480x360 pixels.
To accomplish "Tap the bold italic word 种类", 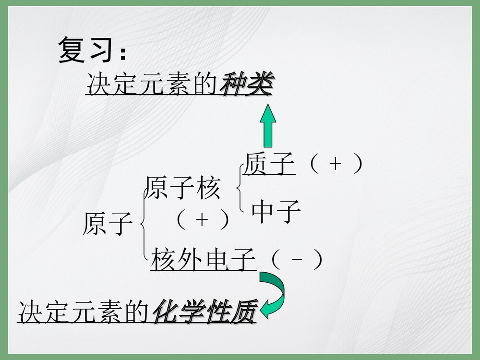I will pyautogui.click(x=246, y=86).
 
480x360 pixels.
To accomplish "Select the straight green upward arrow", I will pyautogui.click(x=268, y=125).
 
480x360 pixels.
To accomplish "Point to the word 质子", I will pyautogui.click(x=269, y=164).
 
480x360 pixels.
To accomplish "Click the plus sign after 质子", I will pyautogui.click(x=336, y=164).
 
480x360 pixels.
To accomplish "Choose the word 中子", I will pyautogui.click(x=276, y=212).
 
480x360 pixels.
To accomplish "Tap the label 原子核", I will pyautogui.click(x=183, y=188).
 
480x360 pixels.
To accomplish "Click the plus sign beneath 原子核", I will pyautogui.click(x=202, y=220).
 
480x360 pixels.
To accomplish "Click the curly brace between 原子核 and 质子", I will pyautogui.click(x=240, y=188).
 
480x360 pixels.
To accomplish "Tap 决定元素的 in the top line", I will pyautogui.click(x=153, y=86).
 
